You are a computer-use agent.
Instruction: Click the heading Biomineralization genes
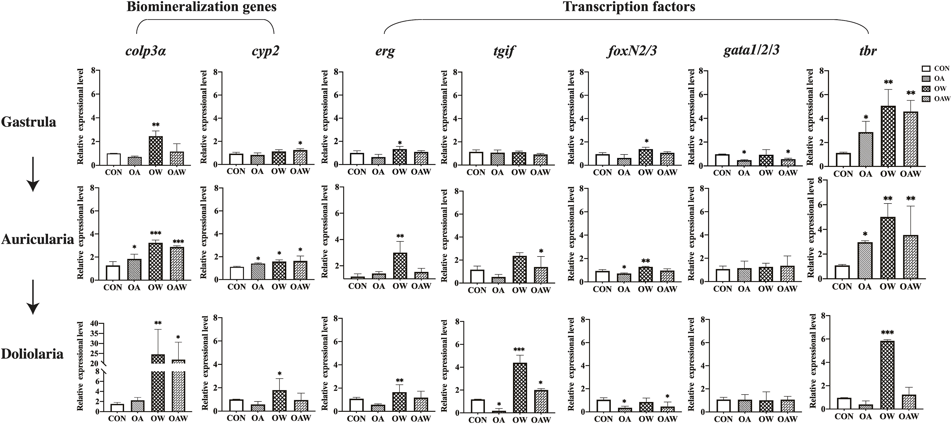click(x=201, y=7)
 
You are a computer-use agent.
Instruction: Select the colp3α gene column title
click(x=146, y=51)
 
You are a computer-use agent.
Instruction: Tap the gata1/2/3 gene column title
click(x=751, y=50)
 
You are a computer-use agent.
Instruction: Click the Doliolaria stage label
click(x=32, y=354)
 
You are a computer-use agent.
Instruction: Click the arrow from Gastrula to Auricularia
click(x=33, y=174)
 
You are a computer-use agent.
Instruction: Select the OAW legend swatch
click(x=926, y=99)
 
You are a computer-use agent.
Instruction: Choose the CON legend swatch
click(x=926, y=68)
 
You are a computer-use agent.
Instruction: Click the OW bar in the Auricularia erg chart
click(x=400, y=266)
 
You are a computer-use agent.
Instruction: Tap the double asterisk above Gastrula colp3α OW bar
click(x=156, y=125)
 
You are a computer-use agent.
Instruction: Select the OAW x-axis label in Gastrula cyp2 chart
click(x=300, y=171)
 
